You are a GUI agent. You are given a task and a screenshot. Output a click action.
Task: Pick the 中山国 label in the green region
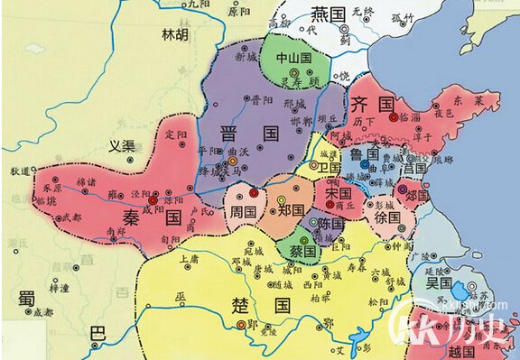tap(293, 58)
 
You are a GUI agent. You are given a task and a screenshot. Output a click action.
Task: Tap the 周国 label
tap(243, 211)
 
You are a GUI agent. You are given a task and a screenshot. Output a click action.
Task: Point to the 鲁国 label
tap(365, 155)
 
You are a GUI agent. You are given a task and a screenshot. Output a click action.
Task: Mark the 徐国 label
tap(386, 217)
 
